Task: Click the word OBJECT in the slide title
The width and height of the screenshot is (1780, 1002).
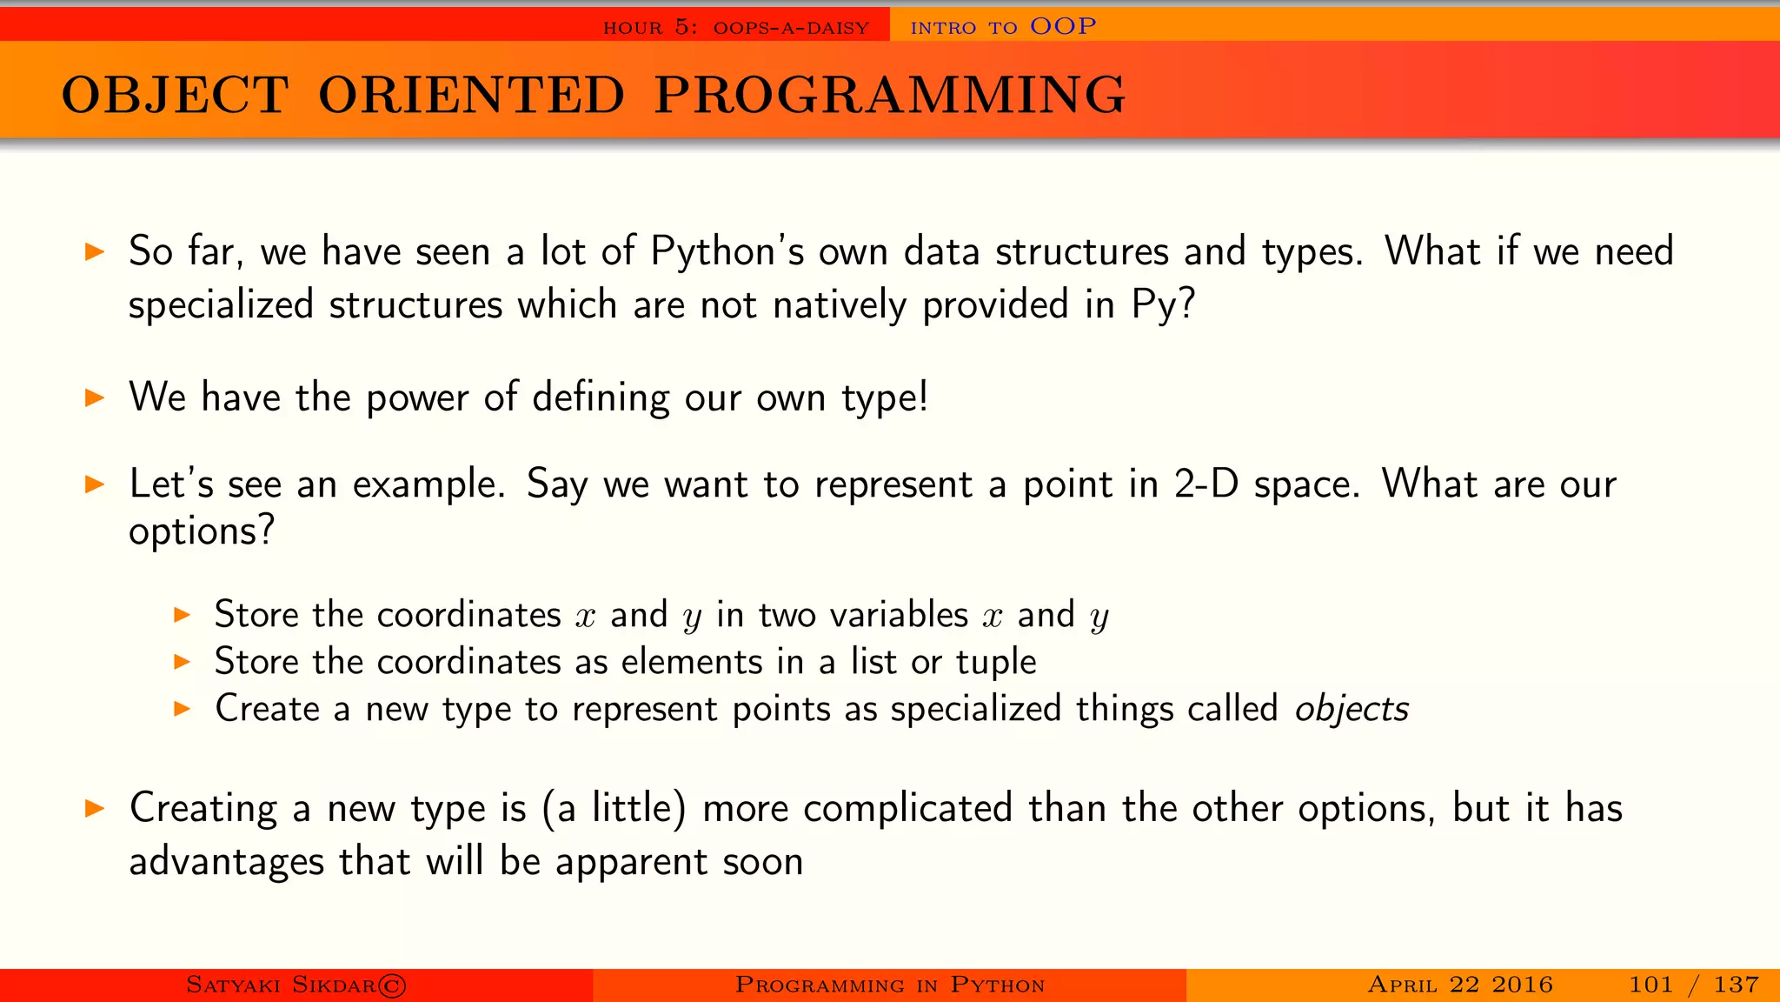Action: (175, 95)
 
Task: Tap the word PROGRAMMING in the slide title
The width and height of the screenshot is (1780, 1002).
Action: (889, 95)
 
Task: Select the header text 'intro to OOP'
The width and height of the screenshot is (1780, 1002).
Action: (1002, 27)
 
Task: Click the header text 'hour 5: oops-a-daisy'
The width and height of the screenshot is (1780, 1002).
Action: (735, 28)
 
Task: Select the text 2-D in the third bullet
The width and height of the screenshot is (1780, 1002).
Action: (1205, 484)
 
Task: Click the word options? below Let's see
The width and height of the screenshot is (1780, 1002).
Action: (202, 531)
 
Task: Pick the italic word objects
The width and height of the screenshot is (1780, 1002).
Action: (1351, 710)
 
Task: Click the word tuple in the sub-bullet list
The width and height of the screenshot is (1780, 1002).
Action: (996, 663)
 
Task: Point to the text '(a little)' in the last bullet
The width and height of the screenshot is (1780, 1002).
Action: (614, 809)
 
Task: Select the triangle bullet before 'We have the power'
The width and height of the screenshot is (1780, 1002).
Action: (95, 398)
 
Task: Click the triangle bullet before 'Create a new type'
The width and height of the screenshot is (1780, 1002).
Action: (182, 709)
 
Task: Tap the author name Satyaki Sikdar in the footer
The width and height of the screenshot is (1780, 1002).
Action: (281, 985)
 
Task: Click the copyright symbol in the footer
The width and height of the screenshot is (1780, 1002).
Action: (392, 985)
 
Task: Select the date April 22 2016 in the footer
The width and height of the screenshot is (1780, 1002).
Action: (1459, 985)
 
